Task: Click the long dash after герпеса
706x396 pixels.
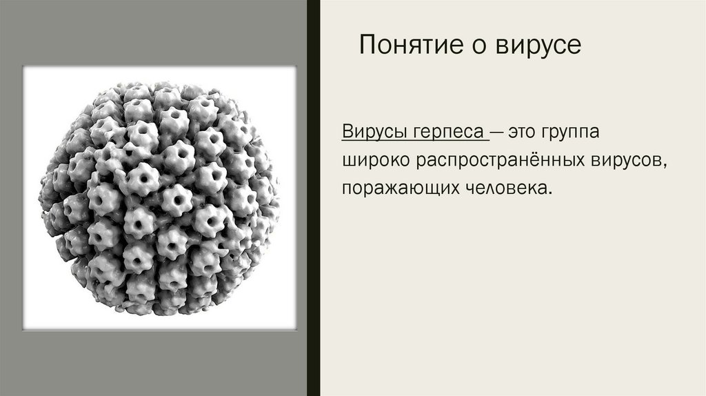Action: (x=500, y=131)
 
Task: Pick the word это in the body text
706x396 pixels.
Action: (x=529, y=131)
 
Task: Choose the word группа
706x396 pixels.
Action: (x=586, y=131)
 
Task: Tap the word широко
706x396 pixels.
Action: (x=376, y=159)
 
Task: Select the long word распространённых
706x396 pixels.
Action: (x=499, y=159)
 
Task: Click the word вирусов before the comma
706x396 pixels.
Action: (x=626, y=159)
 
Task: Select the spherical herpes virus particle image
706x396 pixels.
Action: (x=159, y=198)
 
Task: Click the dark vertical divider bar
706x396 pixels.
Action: (x=313, y=198)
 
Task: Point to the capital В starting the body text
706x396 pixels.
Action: (x=347, y=131)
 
